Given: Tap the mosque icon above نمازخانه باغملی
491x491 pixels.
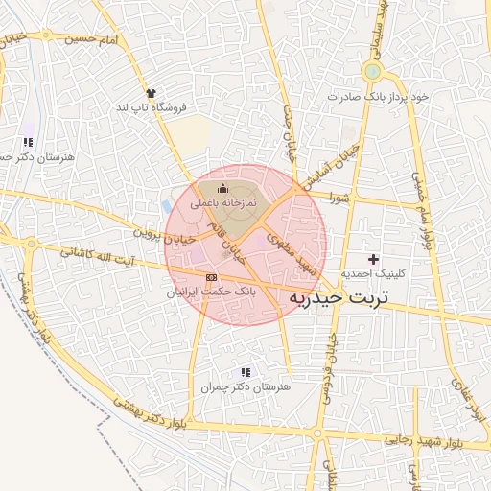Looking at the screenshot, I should point(222,189).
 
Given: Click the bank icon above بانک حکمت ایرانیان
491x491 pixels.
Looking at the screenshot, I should point(211,277).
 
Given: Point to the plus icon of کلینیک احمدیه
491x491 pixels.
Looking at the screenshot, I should point(373,260).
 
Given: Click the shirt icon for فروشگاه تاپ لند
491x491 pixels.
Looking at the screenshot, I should point(149,93).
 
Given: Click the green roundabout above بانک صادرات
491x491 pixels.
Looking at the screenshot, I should point(372,71).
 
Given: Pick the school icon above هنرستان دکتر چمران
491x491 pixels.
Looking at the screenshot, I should point(245,372).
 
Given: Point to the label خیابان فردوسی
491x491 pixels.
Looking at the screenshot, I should point(328,369).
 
